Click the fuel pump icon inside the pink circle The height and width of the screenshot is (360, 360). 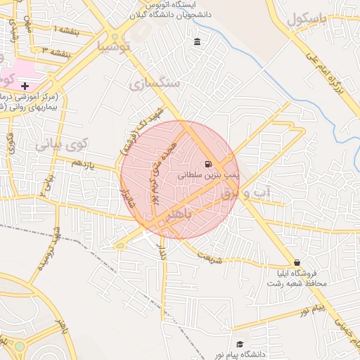[209, 165]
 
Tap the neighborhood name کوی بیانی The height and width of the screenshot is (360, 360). [59, 145]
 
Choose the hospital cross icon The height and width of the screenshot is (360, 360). [25, 85]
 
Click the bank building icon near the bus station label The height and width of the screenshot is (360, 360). [196, 43]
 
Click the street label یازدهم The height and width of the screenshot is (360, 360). [82, 163]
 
